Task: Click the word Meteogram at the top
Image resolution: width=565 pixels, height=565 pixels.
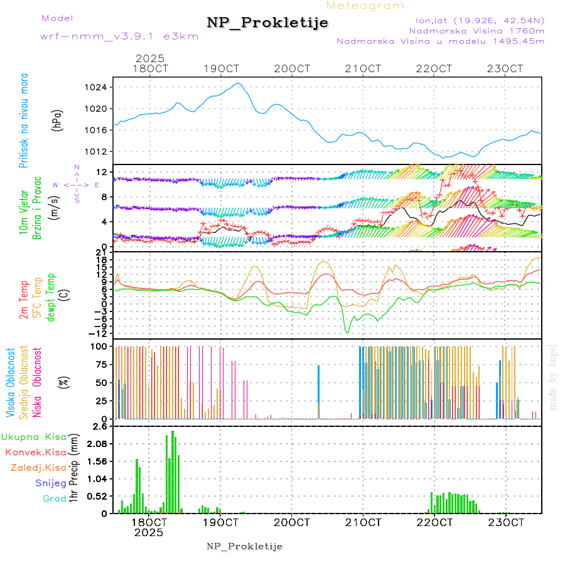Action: tap(366, 6)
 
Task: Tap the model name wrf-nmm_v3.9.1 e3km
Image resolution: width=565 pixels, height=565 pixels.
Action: tap(119, 36)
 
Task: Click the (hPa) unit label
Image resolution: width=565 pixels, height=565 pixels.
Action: tap(58, 119)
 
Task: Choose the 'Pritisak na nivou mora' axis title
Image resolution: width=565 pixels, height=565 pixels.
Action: tap(24, 120)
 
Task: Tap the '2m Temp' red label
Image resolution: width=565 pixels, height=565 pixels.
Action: tap(24, 301)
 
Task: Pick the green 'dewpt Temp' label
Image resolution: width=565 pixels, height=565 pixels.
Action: tap(51, 296)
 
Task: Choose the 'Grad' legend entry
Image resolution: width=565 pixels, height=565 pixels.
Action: tap(55, 498)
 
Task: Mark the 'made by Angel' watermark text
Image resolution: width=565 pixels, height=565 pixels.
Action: tap(553, 377)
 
